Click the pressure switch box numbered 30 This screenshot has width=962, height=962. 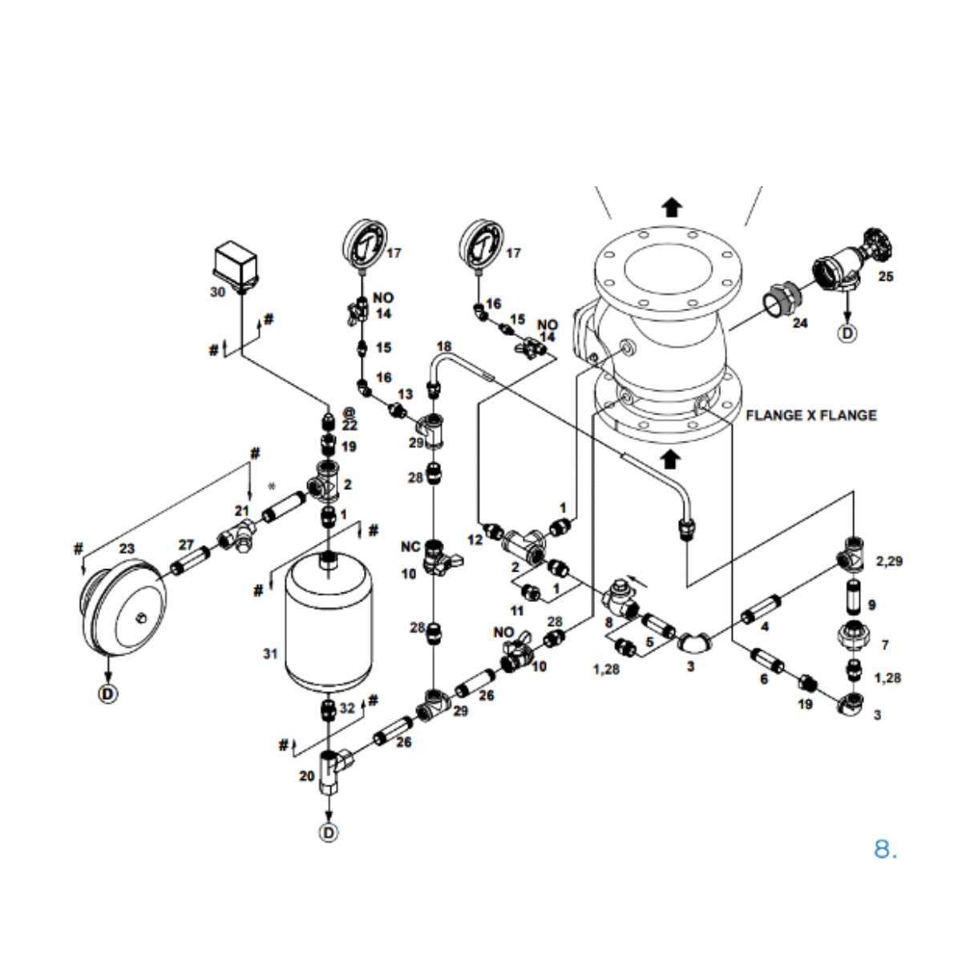(237, 265)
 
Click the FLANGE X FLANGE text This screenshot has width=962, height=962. (810, 415)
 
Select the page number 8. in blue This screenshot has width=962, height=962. (884, 849)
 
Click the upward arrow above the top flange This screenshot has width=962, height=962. (672, 208)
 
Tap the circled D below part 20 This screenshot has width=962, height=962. (329, 833)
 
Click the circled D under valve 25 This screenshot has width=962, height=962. (848, 333)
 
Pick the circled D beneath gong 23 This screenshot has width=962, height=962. (107, 692)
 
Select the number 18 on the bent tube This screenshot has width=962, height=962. (443, 346)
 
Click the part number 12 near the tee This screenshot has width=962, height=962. (475, 540)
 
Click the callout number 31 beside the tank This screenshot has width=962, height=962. (270, 653)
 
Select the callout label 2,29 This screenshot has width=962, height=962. (889, 561)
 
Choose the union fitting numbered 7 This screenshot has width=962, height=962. (855, 636)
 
